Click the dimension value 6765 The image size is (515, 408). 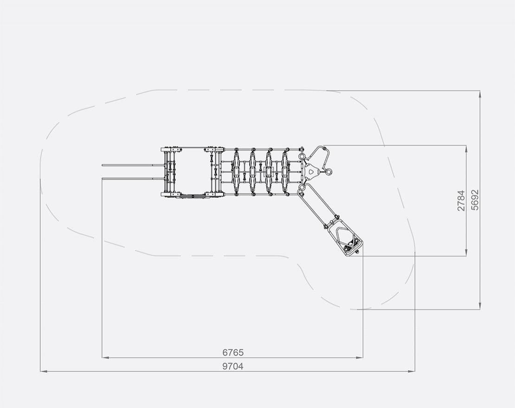pyautogui.click(x=233, y=352)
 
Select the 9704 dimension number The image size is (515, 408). pyautogui.click(x=233, y=366)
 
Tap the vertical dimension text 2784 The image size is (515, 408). pyautogui.click(x=461, y=201)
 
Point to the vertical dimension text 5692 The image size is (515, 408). pyautogui.click(x=475, y=200)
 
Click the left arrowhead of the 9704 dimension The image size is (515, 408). pyautogui.click(x=44, y=371)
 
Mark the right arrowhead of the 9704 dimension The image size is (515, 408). pyautogui.click(x=411, y=371)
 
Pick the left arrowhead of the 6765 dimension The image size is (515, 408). pyautogui.click(x=105, y=357)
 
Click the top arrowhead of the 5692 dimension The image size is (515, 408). pyautogui.click(x=480, y=94)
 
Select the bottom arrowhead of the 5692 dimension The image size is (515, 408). pyautogui.click(x=480, y=305)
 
